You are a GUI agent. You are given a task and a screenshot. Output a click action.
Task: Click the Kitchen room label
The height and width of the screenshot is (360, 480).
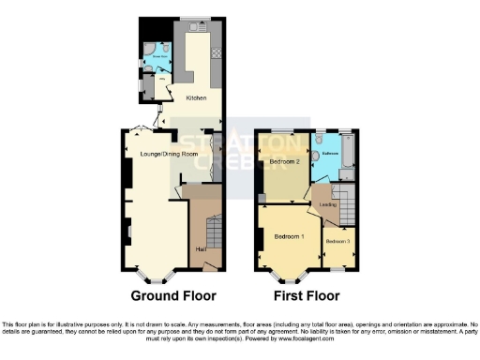click(196, 97)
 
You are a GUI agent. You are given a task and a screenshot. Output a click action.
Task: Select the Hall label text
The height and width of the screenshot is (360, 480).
click(201, 249)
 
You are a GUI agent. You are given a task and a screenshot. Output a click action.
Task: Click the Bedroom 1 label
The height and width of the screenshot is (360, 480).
click(289, 236)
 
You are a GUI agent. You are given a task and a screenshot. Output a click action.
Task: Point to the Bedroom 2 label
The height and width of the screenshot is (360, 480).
click(284, 161)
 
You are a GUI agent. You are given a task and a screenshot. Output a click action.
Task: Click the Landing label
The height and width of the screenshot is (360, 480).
click(327, 204)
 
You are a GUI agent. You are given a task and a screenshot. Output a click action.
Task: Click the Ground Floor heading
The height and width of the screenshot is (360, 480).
click(172, 295)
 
